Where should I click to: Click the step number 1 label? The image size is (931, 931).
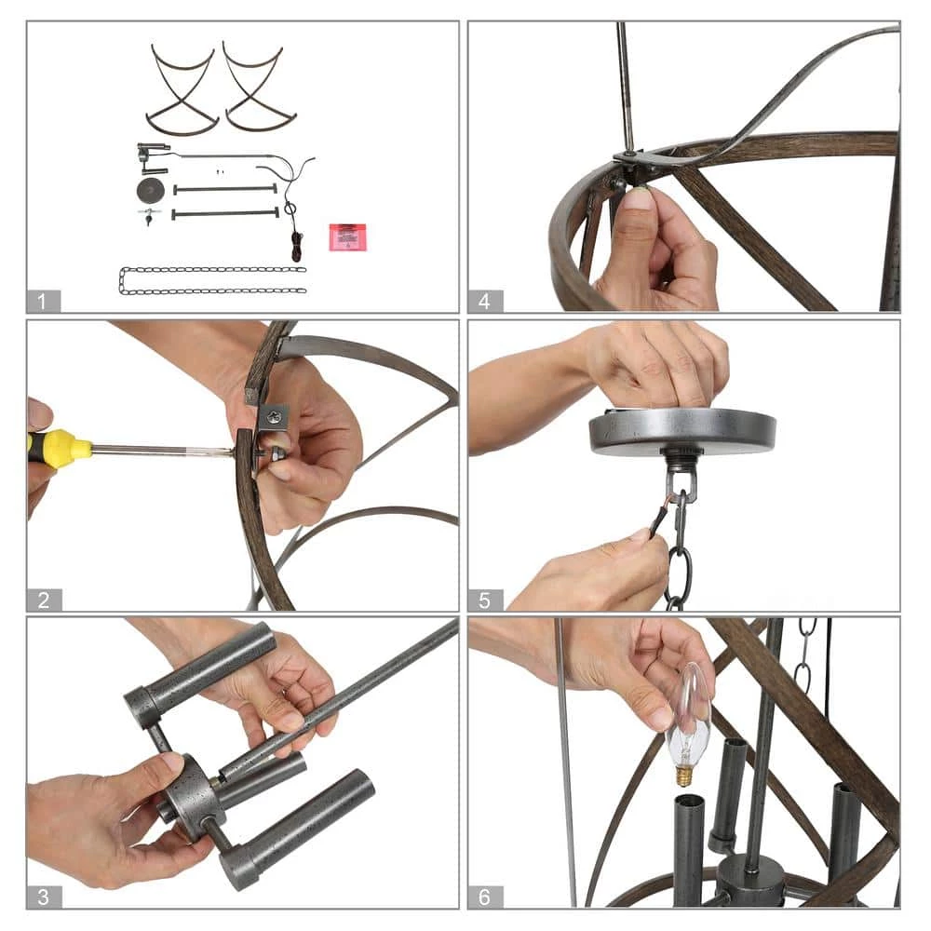click(42, 302)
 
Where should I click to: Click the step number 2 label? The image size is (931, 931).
click(44, 600)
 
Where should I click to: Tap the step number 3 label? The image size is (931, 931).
click(44, 897)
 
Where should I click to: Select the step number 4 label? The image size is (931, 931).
click(484, 302)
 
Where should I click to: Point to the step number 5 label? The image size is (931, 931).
click(484, 600)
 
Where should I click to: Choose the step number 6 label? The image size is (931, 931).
click(484, 897)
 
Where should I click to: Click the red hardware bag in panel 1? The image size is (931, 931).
click(348, 236)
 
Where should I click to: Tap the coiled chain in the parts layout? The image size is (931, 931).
click(212, 281)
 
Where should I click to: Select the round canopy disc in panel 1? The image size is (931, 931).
click(151, 191)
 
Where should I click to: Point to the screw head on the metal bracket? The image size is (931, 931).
click(275, 418)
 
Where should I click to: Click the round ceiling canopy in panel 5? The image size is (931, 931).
click(682, 430)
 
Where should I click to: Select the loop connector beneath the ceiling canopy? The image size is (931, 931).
click(681, 479)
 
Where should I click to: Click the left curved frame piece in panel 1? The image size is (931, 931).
click(182, 88)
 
